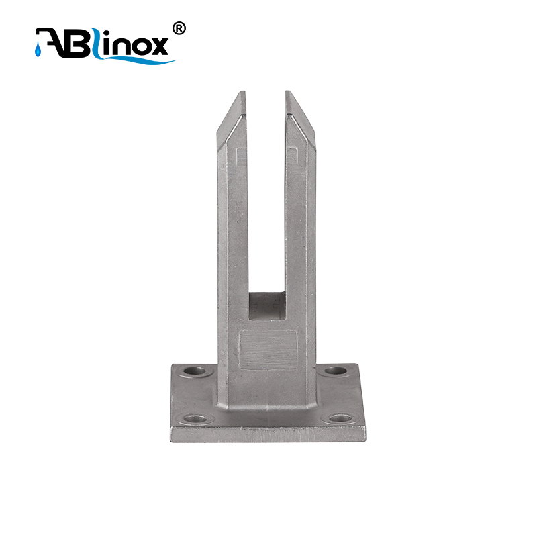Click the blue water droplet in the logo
38,50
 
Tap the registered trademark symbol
179,28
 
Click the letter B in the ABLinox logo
75,43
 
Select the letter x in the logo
158,46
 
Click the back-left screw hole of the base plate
195,371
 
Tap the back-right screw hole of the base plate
335,371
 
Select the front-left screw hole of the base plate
195,418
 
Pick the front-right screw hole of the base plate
341,418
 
